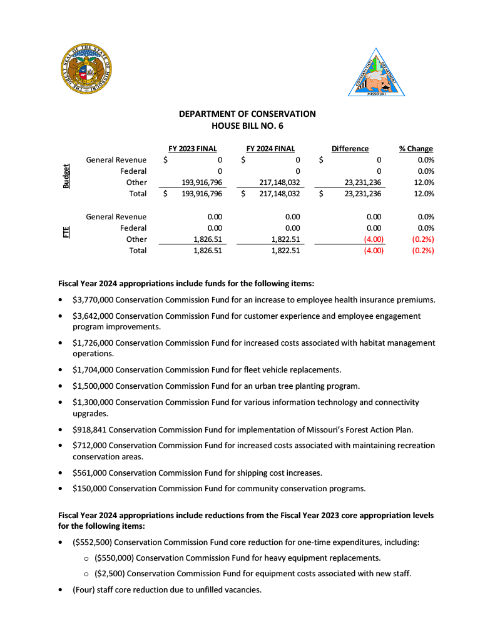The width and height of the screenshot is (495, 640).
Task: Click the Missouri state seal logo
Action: click(x=88, y=69)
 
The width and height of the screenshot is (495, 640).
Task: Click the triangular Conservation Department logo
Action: click(x=377, y=75)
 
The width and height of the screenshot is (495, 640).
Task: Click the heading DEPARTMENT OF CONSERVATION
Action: click(x=247, y=114)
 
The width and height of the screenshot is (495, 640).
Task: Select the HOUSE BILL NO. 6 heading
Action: click(x=247, y=126)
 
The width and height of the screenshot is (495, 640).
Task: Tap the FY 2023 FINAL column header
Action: click(x=193, y=149)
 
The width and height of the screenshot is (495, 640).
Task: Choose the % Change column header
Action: click(x=416, y=149)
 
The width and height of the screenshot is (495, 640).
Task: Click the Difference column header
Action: click(x=350, y=149)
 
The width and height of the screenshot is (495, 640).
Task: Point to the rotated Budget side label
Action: click(x=66, y=176)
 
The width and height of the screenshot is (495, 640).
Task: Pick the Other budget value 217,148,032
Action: click(x=280, y=182)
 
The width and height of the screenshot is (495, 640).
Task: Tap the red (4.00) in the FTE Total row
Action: click(x=374, y=251)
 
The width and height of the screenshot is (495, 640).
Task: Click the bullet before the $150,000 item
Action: click(x=60, y=489)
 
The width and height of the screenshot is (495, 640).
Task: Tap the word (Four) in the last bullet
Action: click(x=84, y=589)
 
